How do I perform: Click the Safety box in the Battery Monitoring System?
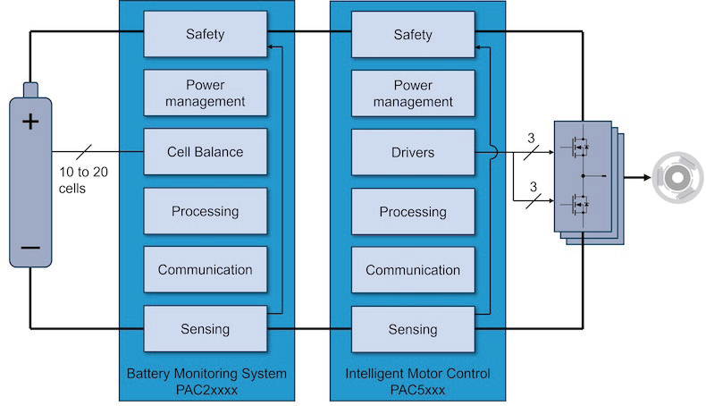tap(205, 35)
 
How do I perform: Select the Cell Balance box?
tap(205, 152)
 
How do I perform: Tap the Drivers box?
tap(412, 152)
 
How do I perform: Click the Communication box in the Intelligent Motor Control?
tap(412, 269)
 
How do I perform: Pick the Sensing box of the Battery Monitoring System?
tap(205, 328)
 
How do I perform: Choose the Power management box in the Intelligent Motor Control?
tap(412, 93)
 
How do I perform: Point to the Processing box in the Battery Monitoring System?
tap(205, 211)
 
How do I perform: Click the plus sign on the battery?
tap(30, 121)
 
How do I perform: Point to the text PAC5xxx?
tap(416, 390)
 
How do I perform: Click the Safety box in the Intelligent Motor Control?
tap(412, 35)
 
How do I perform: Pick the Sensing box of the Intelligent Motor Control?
tap(412, 328)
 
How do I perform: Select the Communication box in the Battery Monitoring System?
tap(205, 269)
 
